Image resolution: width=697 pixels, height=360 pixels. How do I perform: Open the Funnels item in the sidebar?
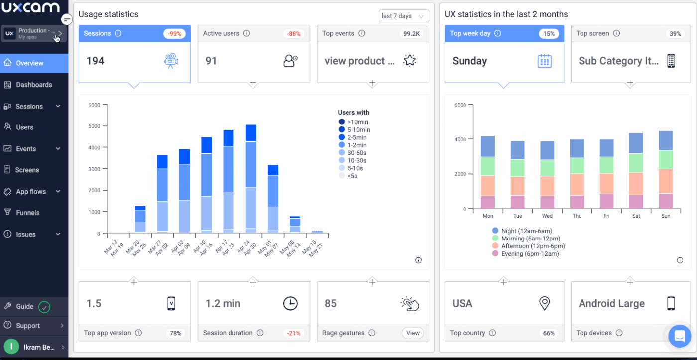point(27,213)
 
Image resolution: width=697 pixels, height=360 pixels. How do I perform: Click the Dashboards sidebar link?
point(34,85)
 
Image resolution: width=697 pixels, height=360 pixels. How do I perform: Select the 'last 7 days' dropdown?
point(404,16)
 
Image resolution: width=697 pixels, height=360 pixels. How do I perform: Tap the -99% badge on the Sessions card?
point(174,33)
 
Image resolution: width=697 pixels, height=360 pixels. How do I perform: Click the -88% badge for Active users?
point(293,33)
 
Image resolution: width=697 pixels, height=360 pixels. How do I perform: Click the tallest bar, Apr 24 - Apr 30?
point(251,179)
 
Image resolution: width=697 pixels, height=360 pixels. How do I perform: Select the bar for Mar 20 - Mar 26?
point(140,219)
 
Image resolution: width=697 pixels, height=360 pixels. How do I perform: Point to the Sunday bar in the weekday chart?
point(666,170)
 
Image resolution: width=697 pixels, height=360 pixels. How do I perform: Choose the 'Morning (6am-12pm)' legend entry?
point(526,239)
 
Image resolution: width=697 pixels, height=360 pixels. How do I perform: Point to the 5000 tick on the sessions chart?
point(94,126)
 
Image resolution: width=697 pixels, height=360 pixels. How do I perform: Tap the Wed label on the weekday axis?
point(547,216)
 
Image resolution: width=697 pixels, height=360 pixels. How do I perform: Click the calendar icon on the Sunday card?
point(545,61)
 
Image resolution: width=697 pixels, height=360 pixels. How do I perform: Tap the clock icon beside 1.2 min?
point(290,303)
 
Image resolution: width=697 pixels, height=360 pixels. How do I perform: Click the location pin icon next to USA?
point(545,303)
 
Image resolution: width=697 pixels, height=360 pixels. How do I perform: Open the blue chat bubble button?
point(680,336)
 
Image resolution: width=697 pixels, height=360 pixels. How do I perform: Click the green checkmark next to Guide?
point(44,307)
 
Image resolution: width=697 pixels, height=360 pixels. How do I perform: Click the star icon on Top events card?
point(409,61)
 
